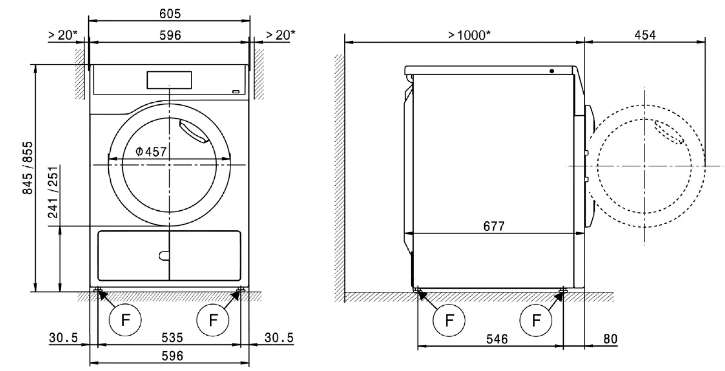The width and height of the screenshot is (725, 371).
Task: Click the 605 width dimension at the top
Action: tap(170, 13)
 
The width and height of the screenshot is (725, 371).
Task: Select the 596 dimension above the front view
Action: tap(170, 35)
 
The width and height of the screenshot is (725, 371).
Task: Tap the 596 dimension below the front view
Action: tap(170, 355)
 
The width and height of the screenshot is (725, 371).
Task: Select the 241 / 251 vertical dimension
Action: tap(54, 193)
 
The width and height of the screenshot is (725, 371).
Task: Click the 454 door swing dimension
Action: tap(645, 35)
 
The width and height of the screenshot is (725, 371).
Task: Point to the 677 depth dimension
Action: tap(494, 225)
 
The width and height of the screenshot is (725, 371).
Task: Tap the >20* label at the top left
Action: tap(63, 35)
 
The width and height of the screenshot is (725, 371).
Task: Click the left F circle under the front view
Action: tap(125, 318)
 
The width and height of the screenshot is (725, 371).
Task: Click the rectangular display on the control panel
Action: tap(169, 79)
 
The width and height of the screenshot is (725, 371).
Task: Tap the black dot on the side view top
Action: tap(551, 71)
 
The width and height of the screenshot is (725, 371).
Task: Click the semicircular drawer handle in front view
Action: tap(162, 256)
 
